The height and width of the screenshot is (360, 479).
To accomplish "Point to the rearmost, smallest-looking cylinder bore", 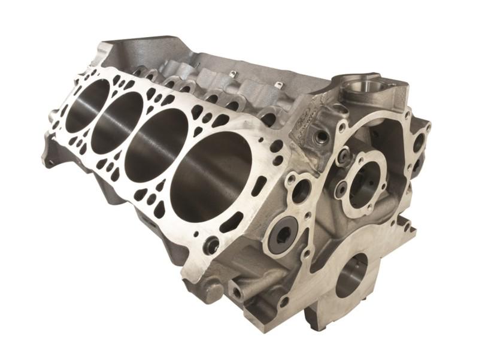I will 87,105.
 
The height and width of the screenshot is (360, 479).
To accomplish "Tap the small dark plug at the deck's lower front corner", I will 210,246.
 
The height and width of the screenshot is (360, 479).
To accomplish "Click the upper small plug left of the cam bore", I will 344,157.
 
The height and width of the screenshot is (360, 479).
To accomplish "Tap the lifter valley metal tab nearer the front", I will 277,86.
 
